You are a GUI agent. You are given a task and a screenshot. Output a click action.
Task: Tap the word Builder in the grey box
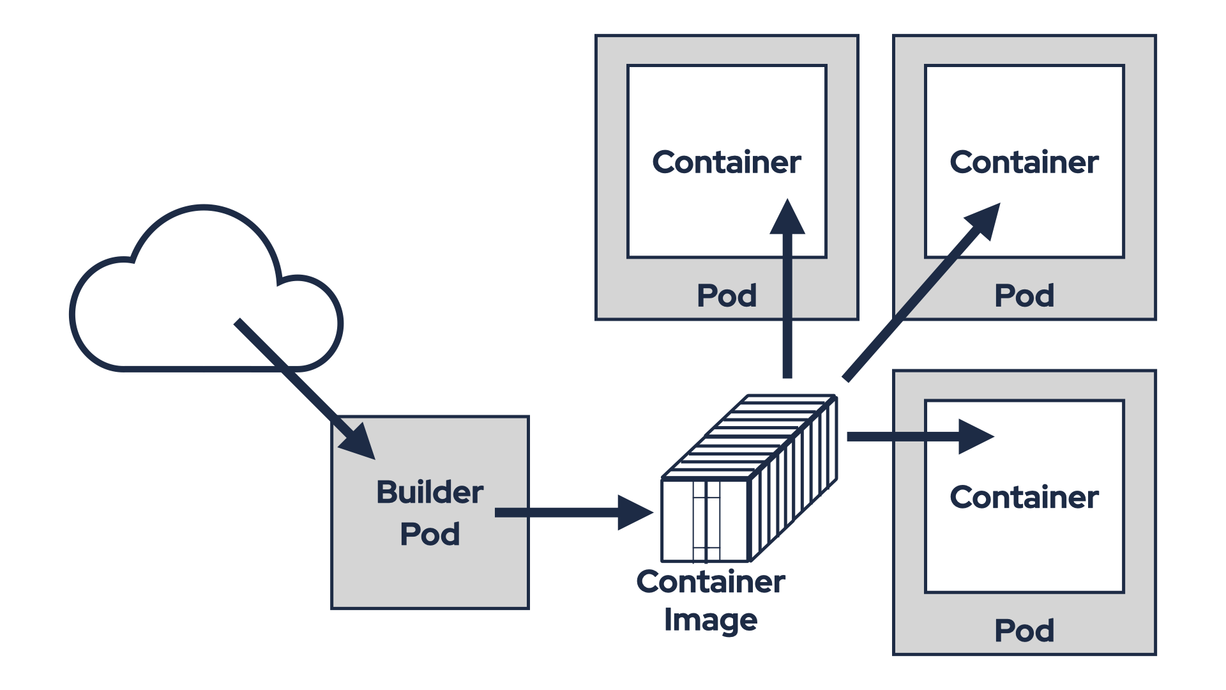tap(430, 493)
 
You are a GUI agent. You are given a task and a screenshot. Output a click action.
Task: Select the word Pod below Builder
tap(430, 534)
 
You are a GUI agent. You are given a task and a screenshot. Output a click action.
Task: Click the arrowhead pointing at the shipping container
tap(635, 512)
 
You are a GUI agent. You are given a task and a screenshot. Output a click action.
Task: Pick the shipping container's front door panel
tap(706, 521)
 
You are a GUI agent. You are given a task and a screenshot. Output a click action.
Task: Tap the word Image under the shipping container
tap(710, 620)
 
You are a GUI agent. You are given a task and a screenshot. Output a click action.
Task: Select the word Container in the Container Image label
tap(710, 582)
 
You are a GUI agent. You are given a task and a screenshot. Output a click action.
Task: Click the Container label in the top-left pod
tap(726, 162)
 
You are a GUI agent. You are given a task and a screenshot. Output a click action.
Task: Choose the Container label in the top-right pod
tap(1024, 162)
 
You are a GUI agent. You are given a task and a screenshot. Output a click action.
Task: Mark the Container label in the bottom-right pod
tap(1024, 497)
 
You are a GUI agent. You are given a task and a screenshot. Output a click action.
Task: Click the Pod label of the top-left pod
tap(726, 296)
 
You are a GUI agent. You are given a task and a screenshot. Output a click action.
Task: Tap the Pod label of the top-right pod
tap(1024, 296)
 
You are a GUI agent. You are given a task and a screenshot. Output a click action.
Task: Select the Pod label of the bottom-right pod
tap(1024, 631)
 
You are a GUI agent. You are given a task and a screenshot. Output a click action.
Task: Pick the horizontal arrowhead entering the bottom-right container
tap(975, 437)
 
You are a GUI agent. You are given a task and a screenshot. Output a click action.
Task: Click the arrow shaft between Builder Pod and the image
tap(556, 512)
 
